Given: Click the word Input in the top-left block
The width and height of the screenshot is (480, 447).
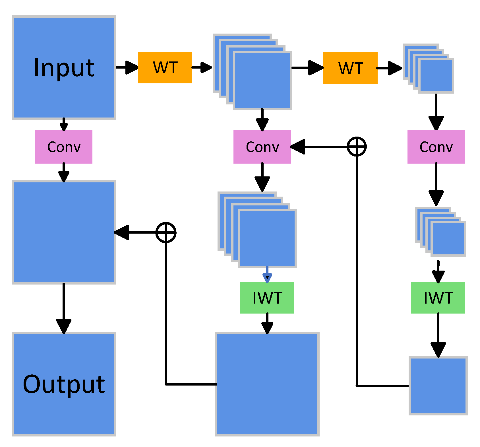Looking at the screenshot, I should tap(64, 68).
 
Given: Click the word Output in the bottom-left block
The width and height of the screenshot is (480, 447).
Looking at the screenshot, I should tap(64, 384).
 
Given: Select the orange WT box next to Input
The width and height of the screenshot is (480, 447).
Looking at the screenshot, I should tap(165, 67).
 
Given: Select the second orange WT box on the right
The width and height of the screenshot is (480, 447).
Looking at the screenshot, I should tap(350, 68).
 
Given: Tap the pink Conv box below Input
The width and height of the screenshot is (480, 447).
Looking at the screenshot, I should tap(64, 147).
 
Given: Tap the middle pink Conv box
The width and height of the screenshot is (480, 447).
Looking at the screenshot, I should tap(262, 147).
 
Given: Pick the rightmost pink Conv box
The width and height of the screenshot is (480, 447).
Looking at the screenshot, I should tap(436, 147).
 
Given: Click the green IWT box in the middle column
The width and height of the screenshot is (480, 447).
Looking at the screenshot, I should tap(267, 298).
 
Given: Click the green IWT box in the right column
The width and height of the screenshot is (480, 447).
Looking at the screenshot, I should tap(438, 298).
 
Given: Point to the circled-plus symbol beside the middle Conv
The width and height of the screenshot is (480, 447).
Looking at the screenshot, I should tap(357, 147).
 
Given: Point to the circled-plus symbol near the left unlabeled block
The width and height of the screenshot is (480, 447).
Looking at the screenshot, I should tap(166, 232).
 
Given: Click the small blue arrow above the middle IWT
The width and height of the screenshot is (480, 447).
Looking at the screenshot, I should tap(267, 275).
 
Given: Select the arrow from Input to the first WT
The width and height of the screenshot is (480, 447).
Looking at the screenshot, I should tap(127, 67).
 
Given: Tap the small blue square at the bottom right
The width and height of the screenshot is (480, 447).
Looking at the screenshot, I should tap(438, 386).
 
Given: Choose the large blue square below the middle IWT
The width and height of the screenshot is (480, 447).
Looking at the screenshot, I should tap(267, 384).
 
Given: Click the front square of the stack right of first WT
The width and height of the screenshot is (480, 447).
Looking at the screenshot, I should tap(262, 81).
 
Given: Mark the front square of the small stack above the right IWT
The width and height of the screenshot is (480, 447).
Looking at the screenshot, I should tap(448, 238).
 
